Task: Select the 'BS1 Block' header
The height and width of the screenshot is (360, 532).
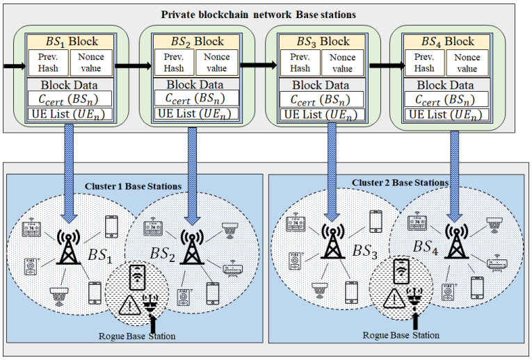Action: tap(63, 41)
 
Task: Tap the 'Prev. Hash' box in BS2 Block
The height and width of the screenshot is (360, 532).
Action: tap(174, 63)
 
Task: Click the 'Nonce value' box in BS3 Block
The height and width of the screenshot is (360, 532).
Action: tap(343, 63)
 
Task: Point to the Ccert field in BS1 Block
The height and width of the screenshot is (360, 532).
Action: tap(63, 99)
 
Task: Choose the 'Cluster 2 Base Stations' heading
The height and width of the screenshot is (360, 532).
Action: tap(400, 183)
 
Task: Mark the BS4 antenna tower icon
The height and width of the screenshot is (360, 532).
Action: tap(456, 240)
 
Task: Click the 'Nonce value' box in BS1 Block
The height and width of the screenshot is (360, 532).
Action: tap(92, 63)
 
